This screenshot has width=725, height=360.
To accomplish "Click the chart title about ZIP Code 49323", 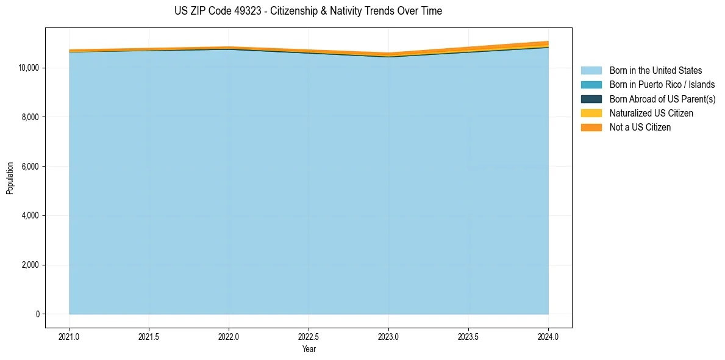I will (308, 11).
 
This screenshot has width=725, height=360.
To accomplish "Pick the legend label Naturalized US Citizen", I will (651, 113).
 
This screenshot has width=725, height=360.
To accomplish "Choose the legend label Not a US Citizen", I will (640, 128).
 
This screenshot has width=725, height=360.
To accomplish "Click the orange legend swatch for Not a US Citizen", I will (591, 128).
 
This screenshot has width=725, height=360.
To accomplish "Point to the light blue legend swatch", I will (591, 71).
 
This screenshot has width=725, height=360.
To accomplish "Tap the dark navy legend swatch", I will (591, 99).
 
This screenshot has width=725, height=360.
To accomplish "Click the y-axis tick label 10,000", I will (29, 68).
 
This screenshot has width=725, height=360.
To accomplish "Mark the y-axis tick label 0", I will (37, 314).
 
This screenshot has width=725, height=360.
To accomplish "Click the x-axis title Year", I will (309, 349).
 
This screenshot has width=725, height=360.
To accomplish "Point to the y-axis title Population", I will (10, 178).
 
